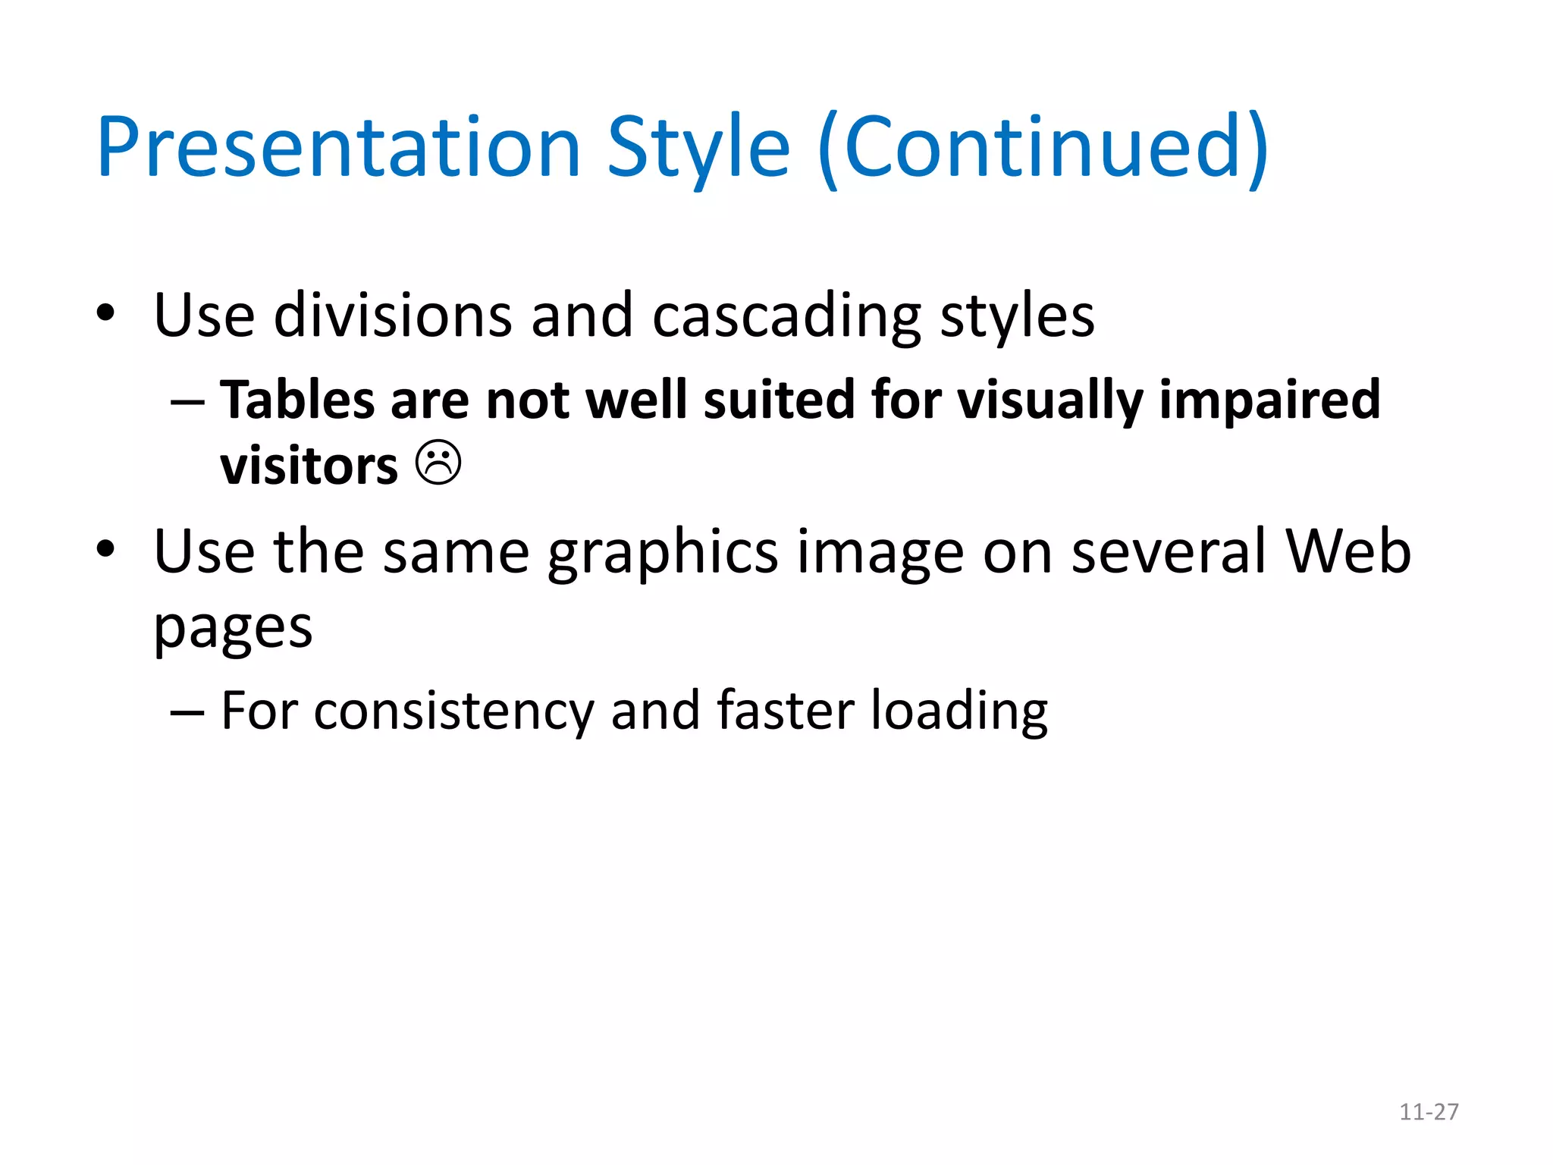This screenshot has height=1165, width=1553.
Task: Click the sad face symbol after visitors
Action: [x=438, y=463]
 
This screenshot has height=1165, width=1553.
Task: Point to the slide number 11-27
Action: [x=1429, y=1112]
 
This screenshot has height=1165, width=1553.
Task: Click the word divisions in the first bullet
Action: [x=393, y=315]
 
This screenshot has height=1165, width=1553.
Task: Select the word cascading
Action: [x=786, y=316]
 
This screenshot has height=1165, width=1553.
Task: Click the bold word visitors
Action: [x=309, y=466]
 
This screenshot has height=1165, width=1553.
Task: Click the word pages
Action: [x=233, y=630]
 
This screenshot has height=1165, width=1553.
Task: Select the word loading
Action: [x=959, y=711]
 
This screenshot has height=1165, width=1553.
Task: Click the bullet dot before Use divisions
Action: [x=105, y=312]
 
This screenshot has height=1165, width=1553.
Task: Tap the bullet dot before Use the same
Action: [x=105, y=548]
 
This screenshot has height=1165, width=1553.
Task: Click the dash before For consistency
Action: [x=187, y=713]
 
